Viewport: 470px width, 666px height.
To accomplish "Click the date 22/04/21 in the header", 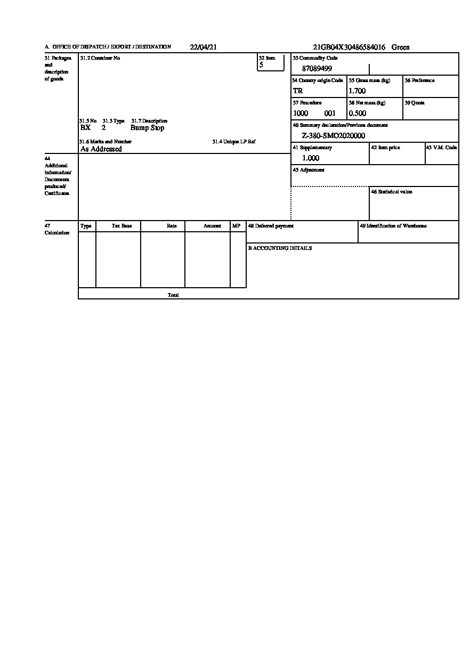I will coord(203,47).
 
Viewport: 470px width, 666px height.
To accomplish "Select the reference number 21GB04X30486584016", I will coord(349,47).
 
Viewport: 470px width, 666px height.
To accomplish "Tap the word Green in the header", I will coord(401,47).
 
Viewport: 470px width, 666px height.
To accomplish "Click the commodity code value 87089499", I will coord(317,69).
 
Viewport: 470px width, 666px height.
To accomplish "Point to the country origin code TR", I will coord(298,91).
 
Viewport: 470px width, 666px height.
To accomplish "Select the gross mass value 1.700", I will coord(357,91).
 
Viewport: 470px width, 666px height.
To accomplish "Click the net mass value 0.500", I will coord(357,113).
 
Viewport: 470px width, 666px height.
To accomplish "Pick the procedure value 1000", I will coord(301,113).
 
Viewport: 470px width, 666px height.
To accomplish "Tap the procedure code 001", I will coord(330,113).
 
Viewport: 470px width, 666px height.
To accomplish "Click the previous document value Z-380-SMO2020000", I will coord(333,136).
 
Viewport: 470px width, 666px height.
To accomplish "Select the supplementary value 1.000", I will coord(311,158).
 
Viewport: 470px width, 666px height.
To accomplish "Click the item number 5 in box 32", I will coord(261,65).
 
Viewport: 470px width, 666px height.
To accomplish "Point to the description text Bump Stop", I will coord(147,128).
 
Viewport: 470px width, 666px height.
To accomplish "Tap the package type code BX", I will coord(85,128).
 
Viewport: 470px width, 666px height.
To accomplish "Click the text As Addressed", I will coord(101,149).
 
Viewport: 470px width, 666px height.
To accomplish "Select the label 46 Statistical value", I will coord(391,192).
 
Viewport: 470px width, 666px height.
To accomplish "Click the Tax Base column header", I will coord(121,226).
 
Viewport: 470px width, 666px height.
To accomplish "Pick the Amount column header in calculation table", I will coord(212,226).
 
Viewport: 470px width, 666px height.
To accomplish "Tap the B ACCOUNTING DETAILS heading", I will coord(280,248).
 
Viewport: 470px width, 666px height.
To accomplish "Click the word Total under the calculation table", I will coord(173,295).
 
